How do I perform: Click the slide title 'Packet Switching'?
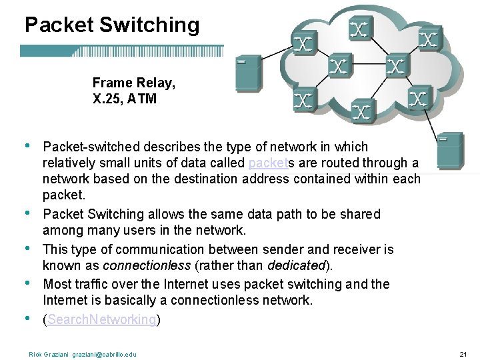pyautogui.click(x=112, y=25)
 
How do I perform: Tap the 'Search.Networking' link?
pyautogui.click(x=99, y=320)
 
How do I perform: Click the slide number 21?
pyautogui.click(x=464, y=354)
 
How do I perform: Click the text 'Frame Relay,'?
pyautogui.click(x=134, y=83)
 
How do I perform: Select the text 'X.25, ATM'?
pyautogui.click(x=125, y=99)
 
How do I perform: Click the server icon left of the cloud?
pyautogui.click(x=248, y=73)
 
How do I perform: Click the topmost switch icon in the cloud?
pyautogui.click(x=360, y=28)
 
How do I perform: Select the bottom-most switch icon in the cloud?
pyautogui.click(x=361, y=111)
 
